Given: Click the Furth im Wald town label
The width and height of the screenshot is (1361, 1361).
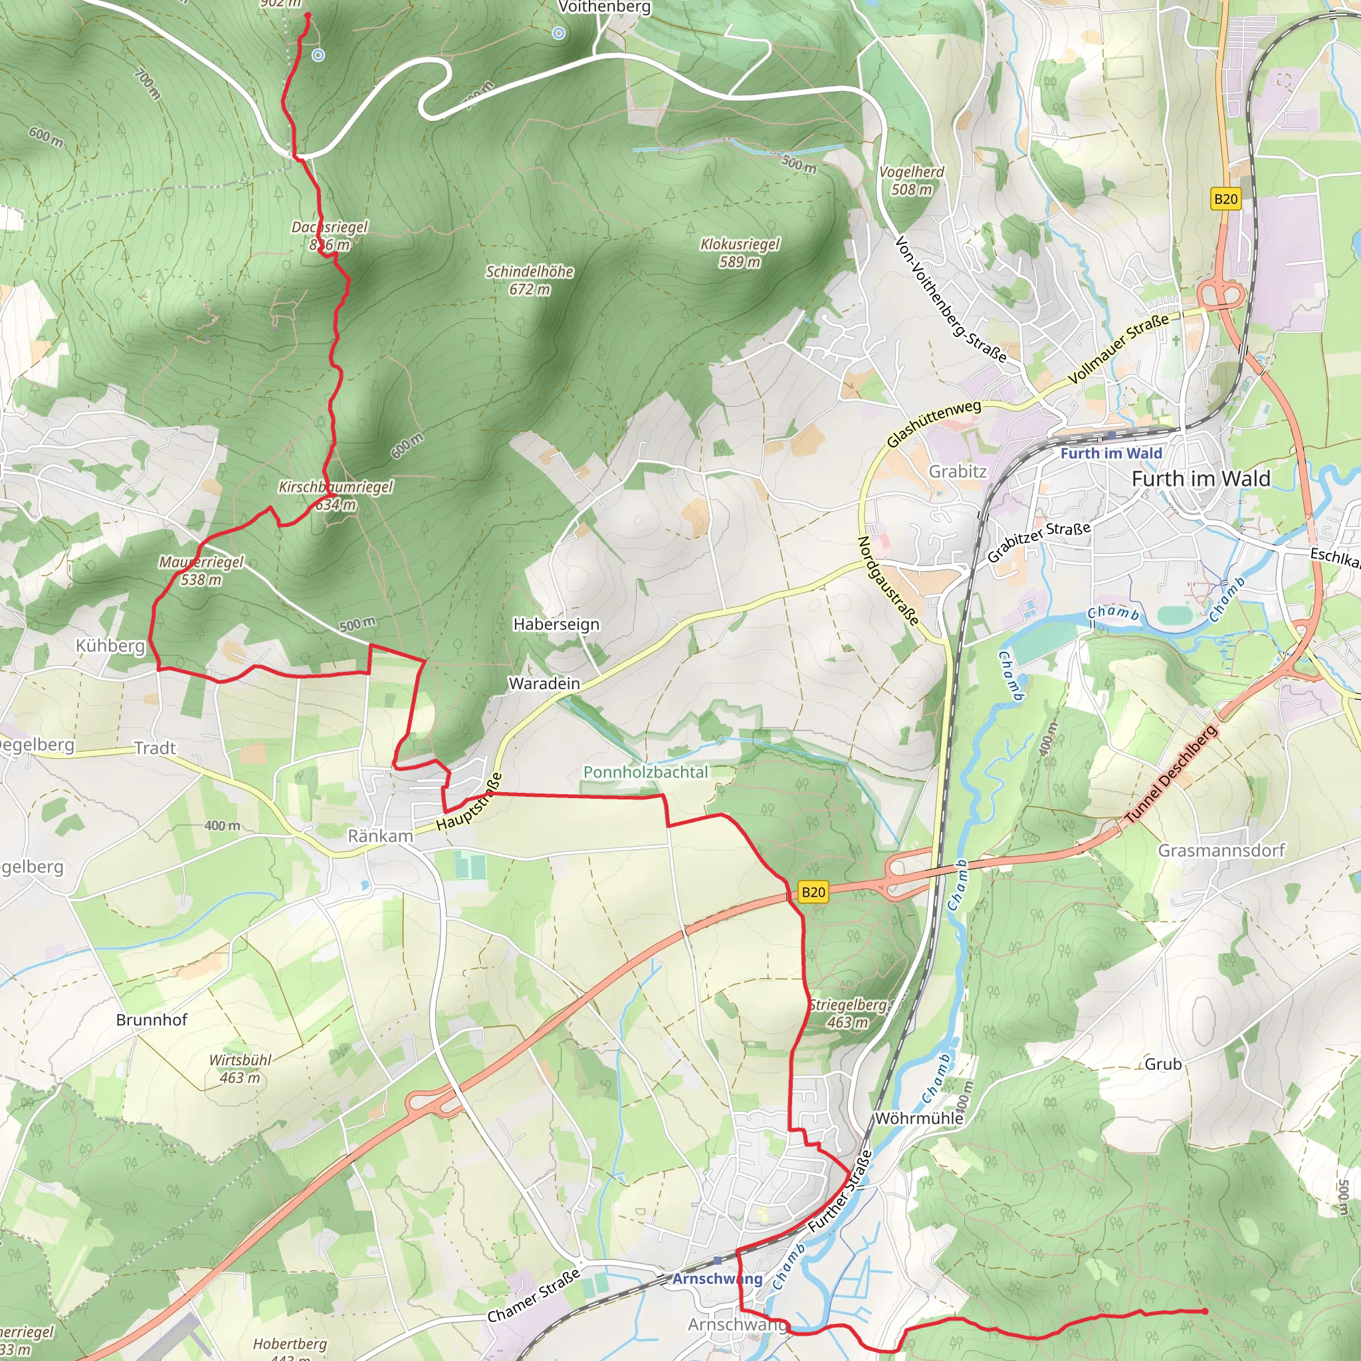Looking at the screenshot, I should [1200, 479].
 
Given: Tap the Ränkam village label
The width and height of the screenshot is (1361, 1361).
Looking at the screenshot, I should [380, 836].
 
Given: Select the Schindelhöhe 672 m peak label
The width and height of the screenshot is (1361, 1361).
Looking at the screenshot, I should [530, 280].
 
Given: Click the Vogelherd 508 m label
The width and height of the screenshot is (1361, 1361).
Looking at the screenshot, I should [912, 180].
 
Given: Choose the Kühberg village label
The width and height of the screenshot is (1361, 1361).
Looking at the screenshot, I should [110, 645].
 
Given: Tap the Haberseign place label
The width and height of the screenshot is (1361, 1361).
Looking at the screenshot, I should [556, 624].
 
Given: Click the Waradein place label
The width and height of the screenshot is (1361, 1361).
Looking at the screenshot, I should [544, 683].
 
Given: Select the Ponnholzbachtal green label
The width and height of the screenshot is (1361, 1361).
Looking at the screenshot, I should [645, 772].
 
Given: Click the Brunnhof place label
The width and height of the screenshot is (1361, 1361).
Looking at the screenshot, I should [152, 1020].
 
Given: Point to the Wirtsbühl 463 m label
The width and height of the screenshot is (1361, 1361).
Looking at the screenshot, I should [240, 1069].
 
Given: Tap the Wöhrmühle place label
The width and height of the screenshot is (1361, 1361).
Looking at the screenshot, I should [918, 1118].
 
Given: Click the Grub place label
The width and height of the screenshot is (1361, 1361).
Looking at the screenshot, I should [1163, 1064].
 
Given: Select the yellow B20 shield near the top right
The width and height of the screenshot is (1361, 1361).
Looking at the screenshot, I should [1225, 199].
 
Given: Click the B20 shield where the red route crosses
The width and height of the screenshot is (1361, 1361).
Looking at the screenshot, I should [813, 892].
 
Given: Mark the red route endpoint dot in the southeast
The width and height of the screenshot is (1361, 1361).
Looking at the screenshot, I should [1205, 1311].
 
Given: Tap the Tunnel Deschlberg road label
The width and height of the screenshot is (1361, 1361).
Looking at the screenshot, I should [1171, 774].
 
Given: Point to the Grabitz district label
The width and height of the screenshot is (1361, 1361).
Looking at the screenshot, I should [958, 471].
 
